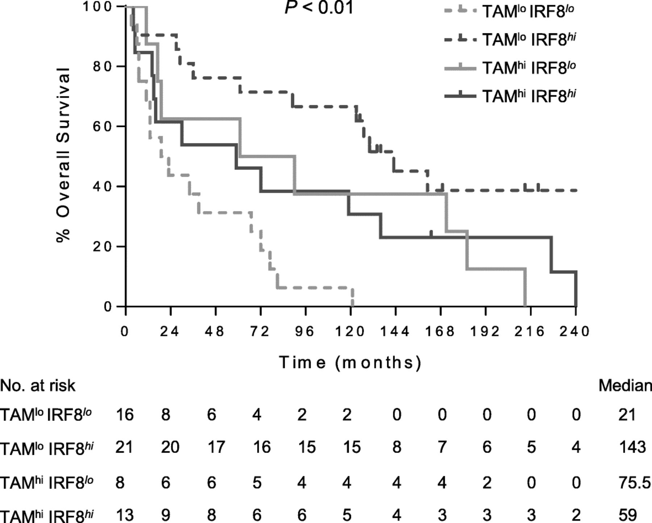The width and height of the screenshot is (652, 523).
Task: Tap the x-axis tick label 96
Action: click(x=305, y=331)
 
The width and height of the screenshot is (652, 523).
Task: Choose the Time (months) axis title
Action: click(x=350, y=363)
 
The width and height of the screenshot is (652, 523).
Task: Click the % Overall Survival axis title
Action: click(x=63, y=154)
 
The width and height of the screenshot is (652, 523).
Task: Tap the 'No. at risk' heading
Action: click(x=38, y=386)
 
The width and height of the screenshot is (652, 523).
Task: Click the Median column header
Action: click(x=625, y=386)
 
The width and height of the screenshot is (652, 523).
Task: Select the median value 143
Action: click(x=632, y=447)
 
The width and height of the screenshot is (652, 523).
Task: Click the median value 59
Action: click(x=627, y=515)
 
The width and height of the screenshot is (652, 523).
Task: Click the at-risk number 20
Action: click(x=170, y=447)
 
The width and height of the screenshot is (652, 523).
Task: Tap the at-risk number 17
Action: click(x=216, y=447)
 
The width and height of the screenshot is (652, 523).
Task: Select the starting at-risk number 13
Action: click(x=125, y=515)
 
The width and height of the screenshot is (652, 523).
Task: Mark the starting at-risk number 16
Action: click(x=125, y=415)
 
